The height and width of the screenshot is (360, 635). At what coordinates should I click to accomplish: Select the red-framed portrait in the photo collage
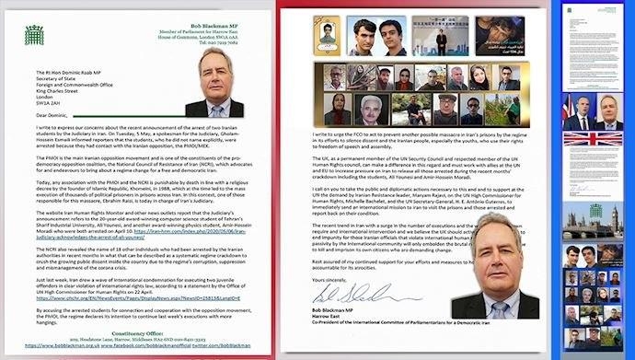pyautogui.click(x=331, y=40)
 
